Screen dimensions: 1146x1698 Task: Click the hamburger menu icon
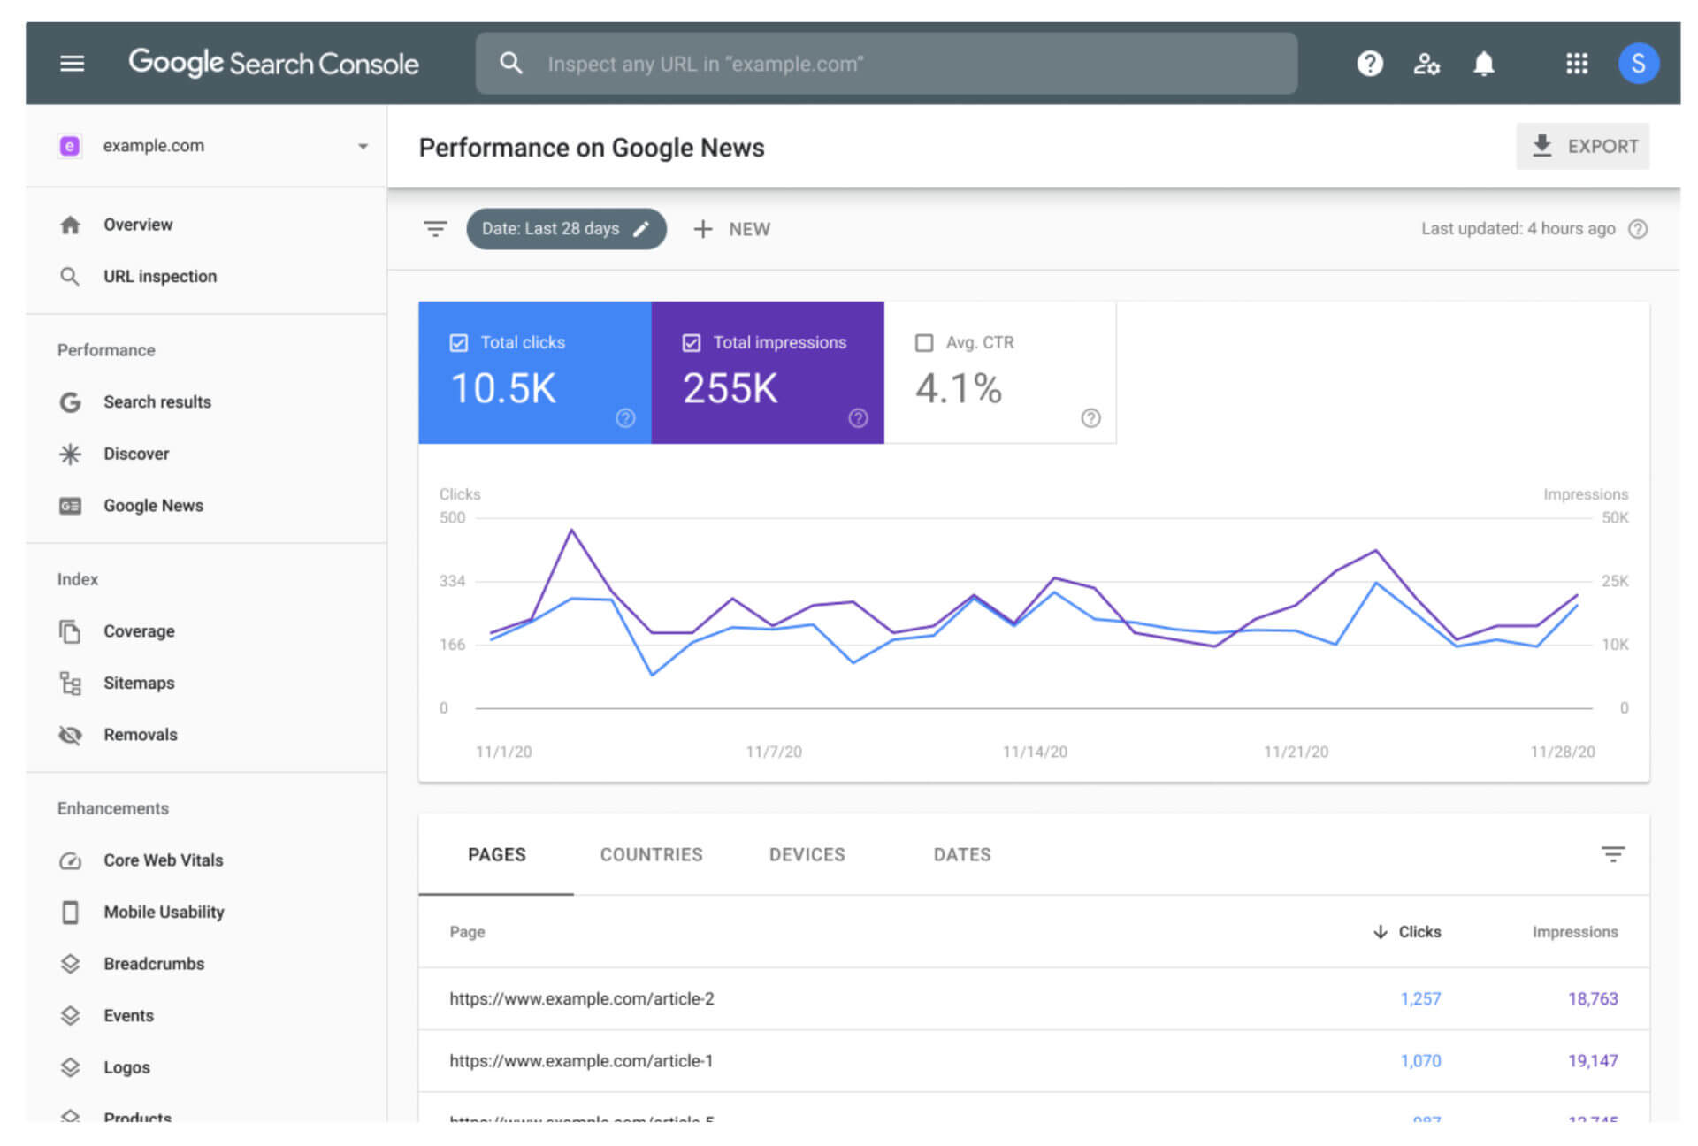point(72,64)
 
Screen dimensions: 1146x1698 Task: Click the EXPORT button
point(1582,146)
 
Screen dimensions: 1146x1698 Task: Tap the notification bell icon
point(1483,64)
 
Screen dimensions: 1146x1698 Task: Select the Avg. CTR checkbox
point(924,342)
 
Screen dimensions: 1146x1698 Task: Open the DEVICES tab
point(807,854)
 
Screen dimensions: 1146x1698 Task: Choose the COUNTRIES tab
point(651,854)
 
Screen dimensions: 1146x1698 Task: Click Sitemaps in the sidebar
point(139,683)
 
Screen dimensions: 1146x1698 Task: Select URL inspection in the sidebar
point(159,276)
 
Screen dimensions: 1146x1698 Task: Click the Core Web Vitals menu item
point(163,859)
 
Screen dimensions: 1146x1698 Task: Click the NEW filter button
point(732,229)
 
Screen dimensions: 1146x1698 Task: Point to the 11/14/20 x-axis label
point(1035,752)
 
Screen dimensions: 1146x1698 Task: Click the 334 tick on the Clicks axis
point(452,581)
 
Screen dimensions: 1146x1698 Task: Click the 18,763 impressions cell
point(1592,998)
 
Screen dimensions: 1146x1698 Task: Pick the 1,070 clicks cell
point(1420,1060)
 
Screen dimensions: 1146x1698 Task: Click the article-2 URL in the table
point(581,998)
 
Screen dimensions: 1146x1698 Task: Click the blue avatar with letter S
point(1638,64)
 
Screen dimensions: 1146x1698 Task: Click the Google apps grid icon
point(1576,64)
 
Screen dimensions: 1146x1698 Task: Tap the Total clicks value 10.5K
point(503,388)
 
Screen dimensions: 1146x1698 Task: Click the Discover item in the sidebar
point(136,454)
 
